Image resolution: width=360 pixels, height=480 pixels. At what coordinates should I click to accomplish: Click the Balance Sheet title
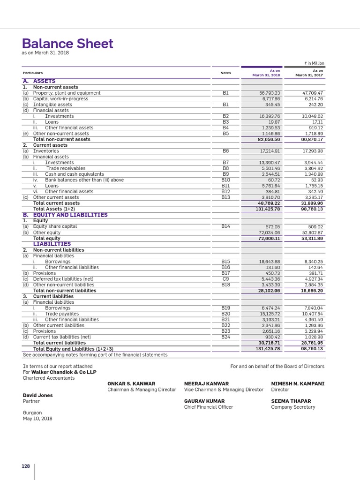[68, 44]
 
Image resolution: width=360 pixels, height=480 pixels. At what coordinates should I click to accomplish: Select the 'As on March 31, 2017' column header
[309, 73]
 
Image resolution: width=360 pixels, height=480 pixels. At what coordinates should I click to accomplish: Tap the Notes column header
[225, 73]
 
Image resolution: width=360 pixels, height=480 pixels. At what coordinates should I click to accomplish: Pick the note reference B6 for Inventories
[225, 151]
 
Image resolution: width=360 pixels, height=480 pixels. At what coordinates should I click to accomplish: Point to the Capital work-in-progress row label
[60, 99]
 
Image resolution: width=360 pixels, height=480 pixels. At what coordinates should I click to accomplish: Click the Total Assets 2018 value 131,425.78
[267, 209]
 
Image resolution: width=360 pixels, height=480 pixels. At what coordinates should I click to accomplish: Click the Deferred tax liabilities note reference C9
[225, 279]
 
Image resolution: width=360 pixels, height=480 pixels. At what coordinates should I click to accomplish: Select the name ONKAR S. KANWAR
[131, 383]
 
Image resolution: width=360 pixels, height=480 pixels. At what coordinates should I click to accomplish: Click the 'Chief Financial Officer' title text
[208, 407]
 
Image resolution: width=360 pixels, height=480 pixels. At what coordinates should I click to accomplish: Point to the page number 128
[25, 466]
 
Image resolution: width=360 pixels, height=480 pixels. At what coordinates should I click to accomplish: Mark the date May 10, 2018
[37, 419]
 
